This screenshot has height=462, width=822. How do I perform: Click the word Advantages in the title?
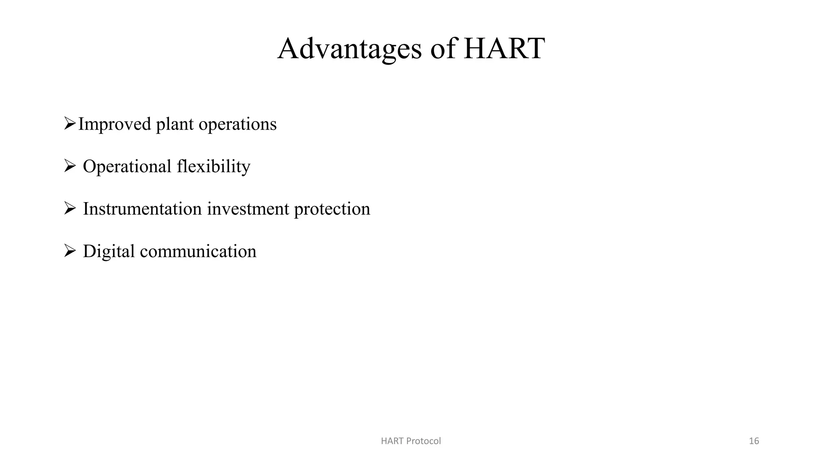(x=349, y=49)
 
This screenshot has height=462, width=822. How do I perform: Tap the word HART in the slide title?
(x=504, y=49)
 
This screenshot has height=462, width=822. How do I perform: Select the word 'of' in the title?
(x=443, y=49)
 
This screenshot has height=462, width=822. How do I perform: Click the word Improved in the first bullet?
(x=114, y=124)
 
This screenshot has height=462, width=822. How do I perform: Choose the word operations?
(x=238, y=125)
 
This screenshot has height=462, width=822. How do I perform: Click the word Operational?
(x=127, y=167)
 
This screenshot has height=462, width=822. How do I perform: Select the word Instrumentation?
(x=142, y=209)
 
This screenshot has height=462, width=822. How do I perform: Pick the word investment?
(x=248, y=209)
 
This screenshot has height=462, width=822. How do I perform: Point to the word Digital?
(x=109, y=252)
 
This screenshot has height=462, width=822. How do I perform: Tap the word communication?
(x=198, y=251)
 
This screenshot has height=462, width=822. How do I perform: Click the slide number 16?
(x=754, y=441)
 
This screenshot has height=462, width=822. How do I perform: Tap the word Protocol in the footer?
(x=423, y=441)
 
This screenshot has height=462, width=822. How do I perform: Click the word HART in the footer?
(x=392, y=441)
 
